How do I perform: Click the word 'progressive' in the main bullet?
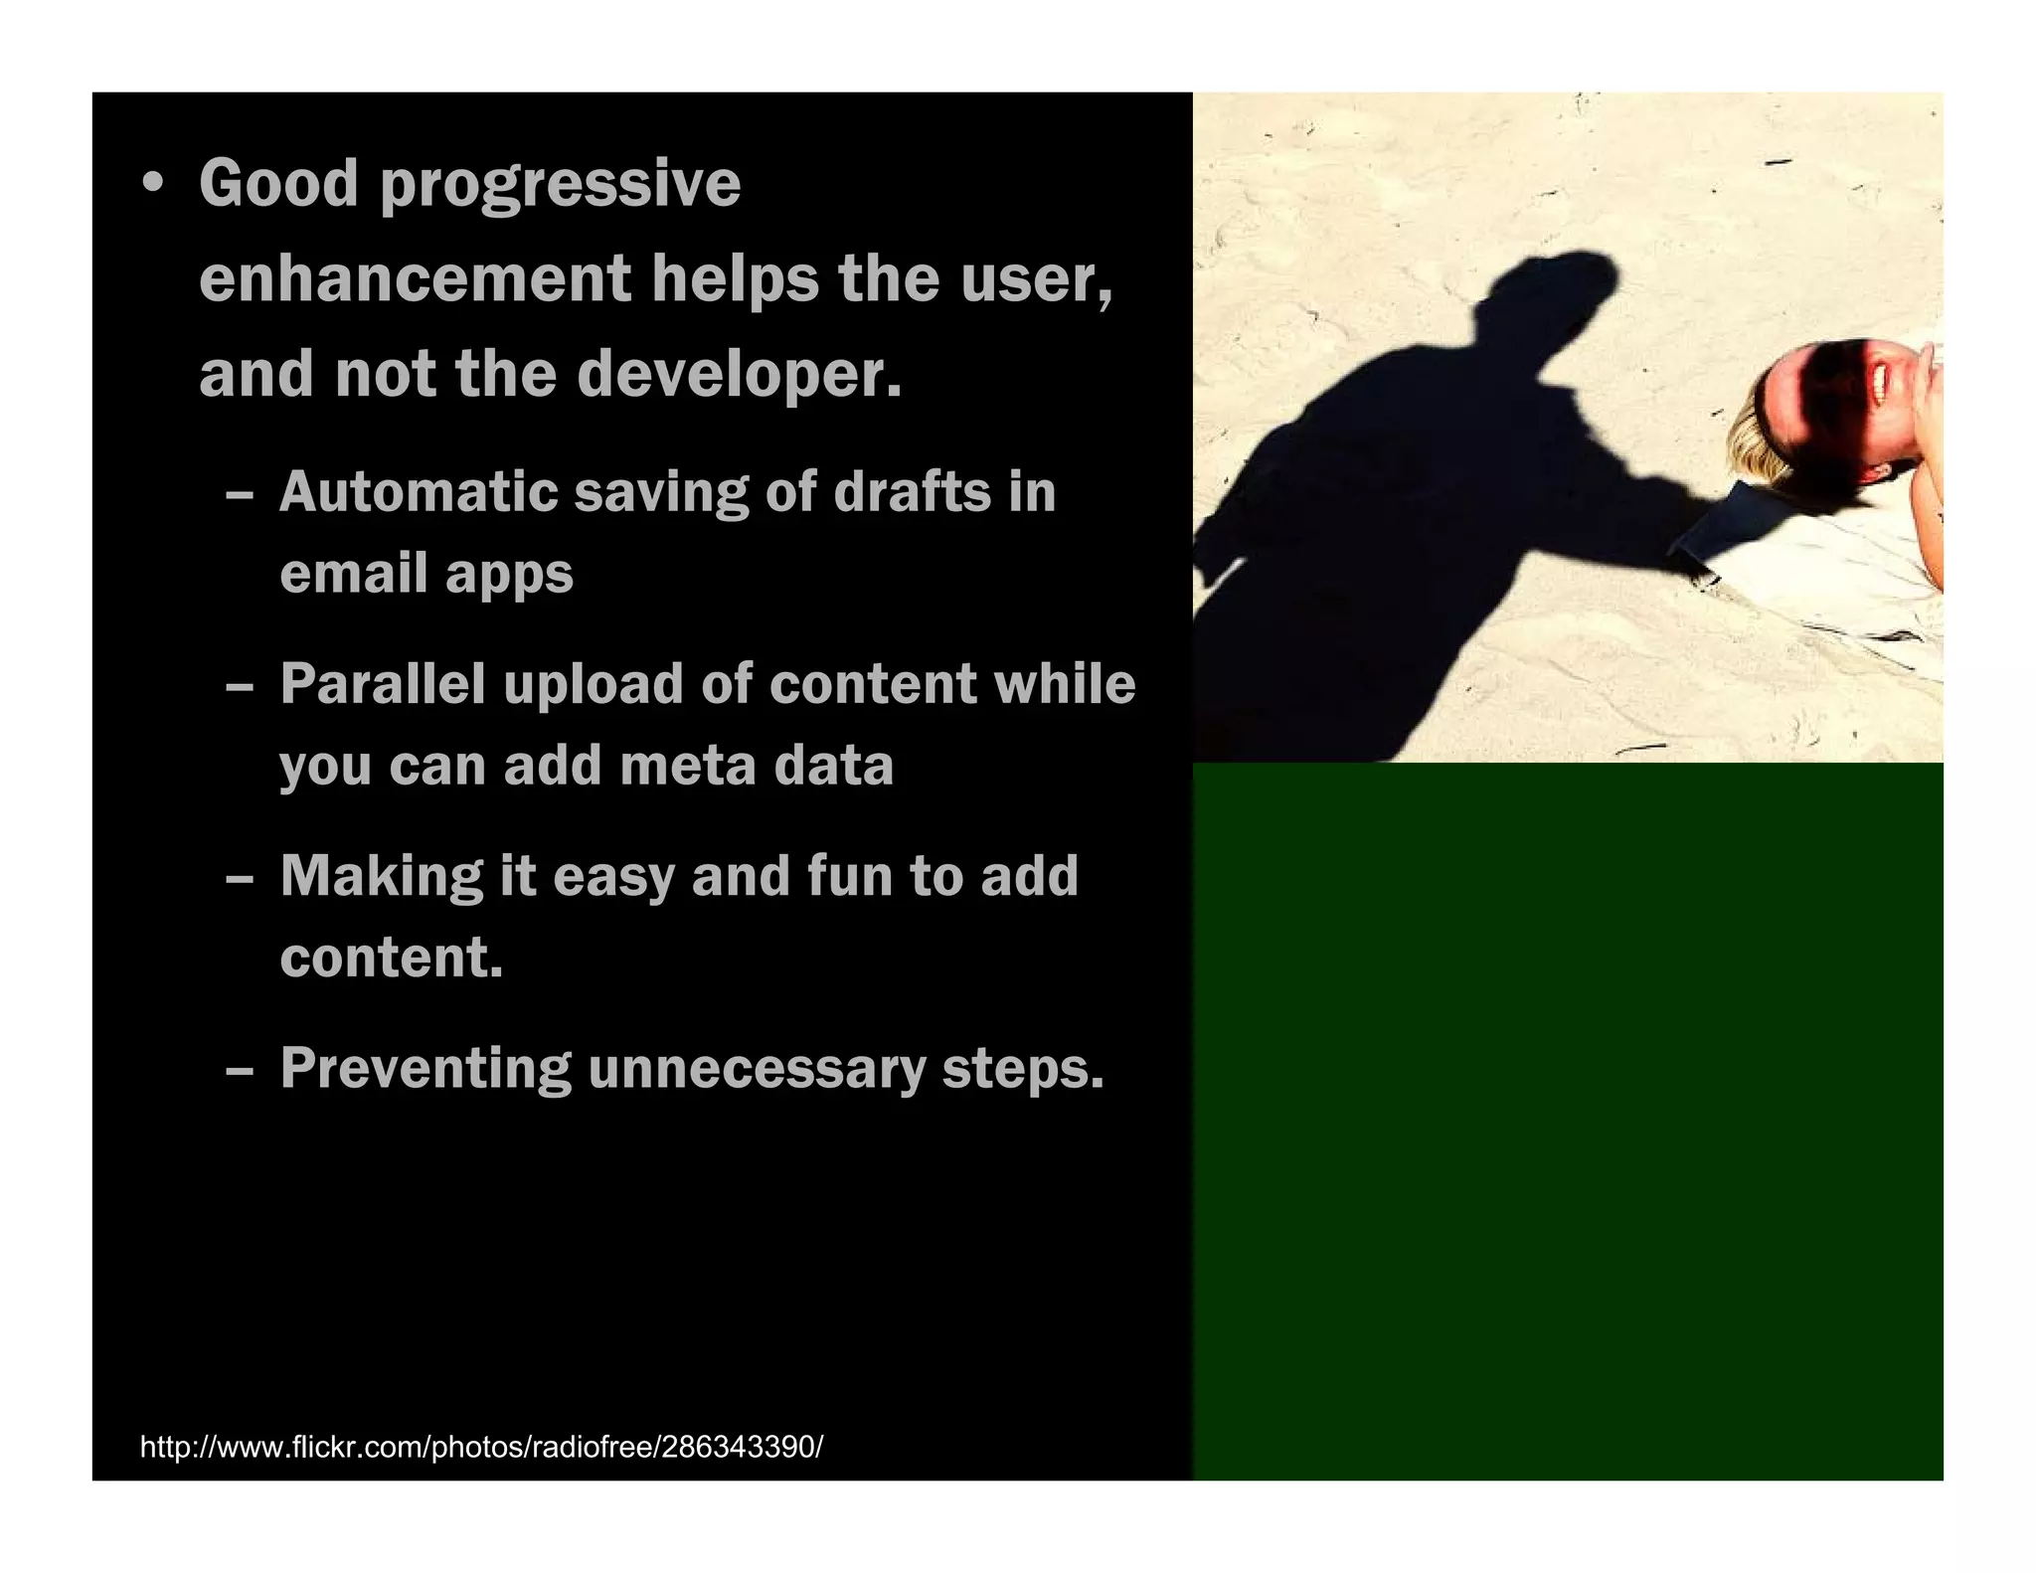[x=560, y=186]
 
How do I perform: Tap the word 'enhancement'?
[x=415, y=278]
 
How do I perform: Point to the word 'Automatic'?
[x=417, y=492]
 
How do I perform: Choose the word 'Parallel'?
[x=382, y=684]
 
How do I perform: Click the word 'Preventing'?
[x=425, y=1070]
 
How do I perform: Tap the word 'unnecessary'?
[x=756, y=1070]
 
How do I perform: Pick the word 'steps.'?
[x=1023, y=1070]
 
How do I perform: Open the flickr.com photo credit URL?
[x=481, y=1446]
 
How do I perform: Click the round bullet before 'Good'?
[x=152, y=185]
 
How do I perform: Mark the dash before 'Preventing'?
[x=240, y=1072]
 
